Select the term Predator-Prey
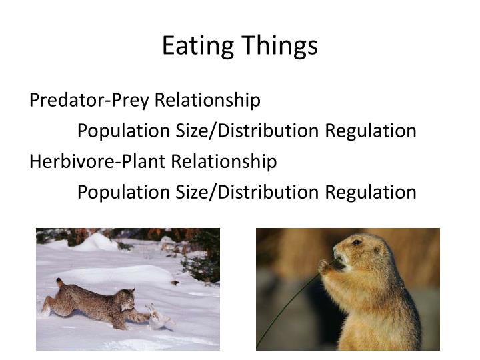pos(90,100)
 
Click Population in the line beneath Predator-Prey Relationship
pos(122,131)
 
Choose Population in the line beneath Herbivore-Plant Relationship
pos(122,192)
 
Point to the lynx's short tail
pos(60,284)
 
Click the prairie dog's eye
pos(357,243)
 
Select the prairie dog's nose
pos(337,253)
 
